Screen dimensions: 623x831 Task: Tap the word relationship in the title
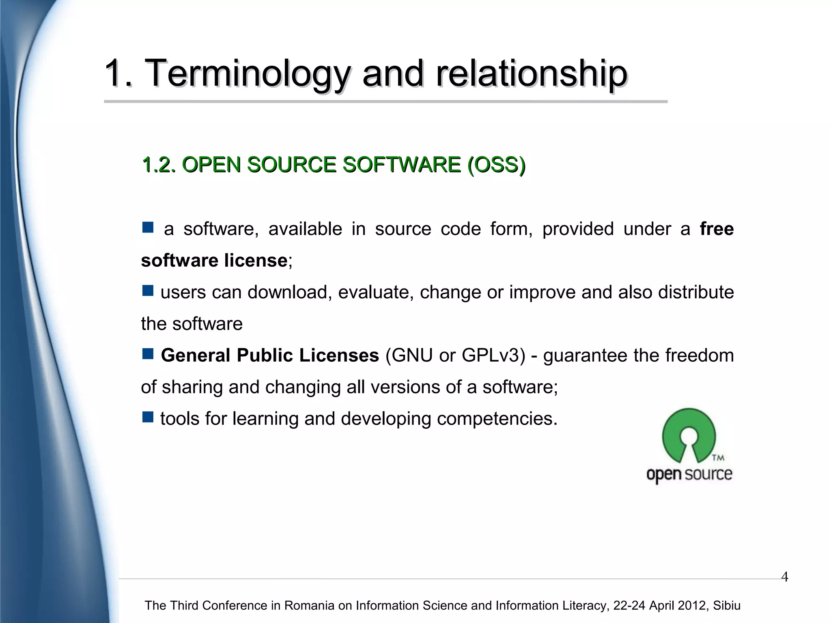pos(532,74)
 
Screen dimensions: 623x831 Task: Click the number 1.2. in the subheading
pos(159,165)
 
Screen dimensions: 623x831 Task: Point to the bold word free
pos(717,229)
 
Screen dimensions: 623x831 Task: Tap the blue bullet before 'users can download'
pos(148,291)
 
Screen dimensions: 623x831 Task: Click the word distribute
pos(695,292)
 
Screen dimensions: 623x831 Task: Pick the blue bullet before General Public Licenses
pos(148,354)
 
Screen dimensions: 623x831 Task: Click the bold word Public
pos(265,356)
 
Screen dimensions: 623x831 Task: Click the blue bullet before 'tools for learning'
pos(148,417)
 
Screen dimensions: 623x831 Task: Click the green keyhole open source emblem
pos(689,434)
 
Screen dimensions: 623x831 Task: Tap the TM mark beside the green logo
pos(718,458)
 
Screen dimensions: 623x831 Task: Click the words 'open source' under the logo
pos(689,474)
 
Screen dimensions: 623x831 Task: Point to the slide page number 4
pos(784,577)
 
